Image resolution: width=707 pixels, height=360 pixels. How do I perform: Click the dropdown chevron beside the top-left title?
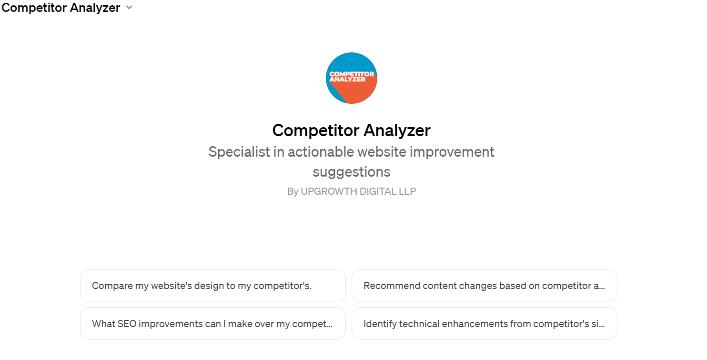point(129,8)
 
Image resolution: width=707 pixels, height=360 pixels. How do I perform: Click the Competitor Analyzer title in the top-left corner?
point(61,8)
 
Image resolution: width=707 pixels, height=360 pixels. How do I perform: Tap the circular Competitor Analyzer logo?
point(351,78)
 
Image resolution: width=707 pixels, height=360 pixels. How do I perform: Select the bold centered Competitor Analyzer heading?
point(351,130)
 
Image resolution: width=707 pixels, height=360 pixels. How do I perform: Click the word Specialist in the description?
point(239,152)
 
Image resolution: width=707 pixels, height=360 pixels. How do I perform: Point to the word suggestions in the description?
point(351,172)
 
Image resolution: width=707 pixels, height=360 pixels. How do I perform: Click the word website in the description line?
point(382,152)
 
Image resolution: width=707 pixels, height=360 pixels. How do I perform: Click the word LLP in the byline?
point(407,191)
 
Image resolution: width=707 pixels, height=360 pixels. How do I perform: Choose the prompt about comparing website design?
point(213,285)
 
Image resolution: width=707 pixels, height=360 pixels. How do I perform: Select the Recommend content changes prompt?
point(484,285)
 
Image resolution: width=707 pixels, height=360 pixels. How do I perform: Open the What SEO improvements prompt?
point(213,323)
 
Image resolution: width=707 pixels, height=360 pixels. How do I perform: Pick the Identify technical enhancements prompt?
point(484,323)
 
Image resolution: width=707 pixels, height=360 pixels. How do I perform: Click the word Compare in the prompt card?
point(112,286)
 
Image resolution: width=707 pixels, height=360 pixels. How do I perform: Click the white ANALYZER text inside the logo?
point(347,79)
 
